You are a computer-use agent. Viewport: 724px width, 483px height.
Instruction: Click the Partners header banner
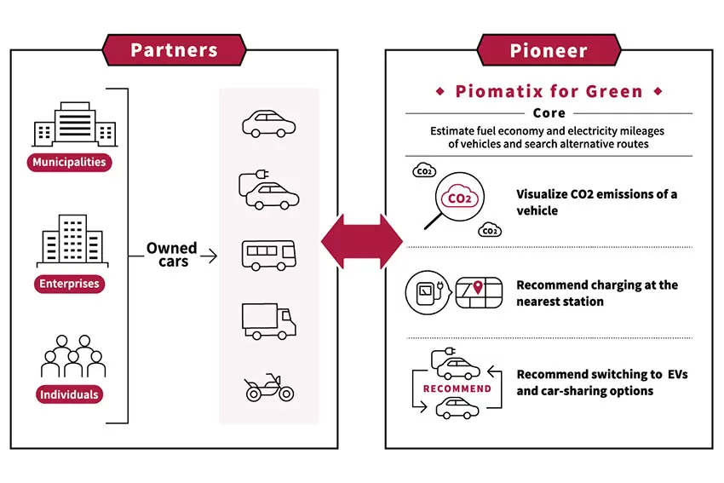(174, 50)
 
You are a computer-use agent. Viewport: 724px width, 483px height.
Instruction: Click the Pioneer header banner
(549, 50)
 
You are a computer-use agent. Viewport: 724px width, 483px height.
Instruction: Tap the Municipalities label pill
(69, 163)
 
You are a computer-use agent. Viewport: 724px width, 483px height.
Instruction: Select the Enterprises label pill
(69, 284)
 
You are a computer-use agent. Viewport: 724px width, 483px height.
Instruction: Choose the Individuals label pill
(69, 394)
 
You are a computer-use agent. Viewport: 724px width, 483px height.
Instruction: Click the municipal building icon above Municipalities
(75, 124)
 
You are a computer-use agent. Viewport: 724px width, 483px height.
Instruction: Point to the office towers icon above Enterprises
(72, 240)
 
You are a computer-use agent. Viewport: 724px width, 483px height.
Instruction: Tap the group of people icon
(73, 355)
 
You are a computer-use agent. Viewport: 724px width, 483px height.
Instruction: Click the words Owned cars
(172, 255)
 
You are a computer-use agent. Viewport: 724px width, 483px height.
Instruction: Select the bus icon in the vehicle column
(268, 255)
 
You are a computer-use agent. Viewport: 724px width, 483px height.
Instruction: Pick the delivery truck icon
(268, 321)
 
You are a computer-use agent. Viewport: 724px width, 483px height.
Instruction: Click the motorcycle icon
(269, 388)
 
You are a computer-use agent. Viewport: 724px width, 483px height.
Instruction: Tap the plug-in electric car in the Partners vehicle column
(268, 190)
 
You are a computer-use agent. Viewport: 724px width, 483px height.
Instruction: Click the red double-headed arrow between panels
(361, 241)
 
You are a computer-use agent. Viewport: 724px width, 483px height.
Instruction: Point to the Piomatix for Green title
(549, 91)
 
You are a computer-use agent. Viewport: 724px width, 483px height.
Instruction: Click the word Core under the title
(549, 113)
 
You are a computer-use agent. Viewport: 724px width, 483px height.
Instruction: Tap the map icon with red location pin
(479, 293)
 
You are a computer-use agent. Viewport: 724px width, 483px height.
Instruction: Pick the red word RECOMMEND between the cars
(457, 388)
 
